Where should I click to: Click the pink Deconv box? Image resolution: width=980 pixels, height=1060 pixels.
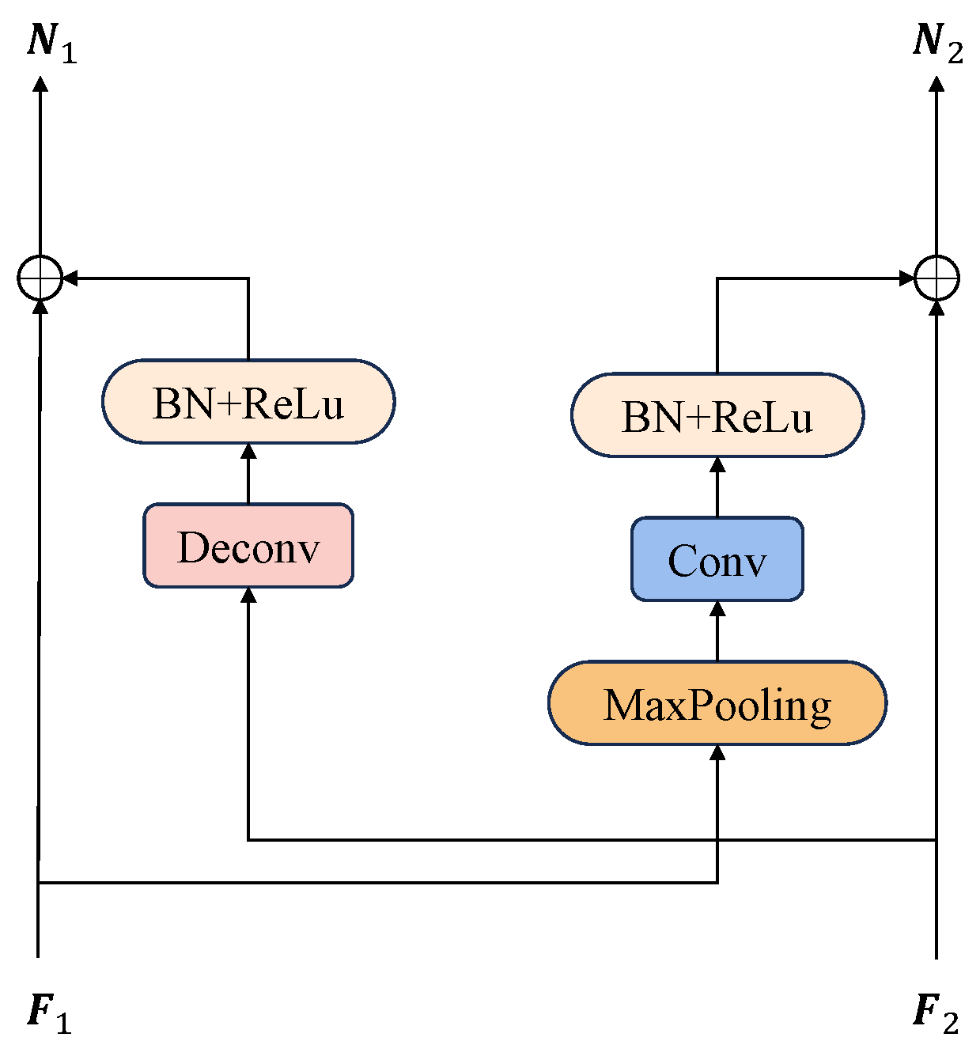[x=248, y=546]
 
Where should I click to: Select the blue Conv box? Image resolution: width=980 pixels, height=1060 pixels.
[x=717, y=559]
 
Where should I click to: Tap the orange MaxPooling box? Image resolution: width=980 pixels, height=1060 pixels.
[x=717, y=703]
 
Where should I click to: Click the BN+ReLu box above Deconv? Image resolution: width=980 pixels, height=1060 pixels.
[x=248, y=402]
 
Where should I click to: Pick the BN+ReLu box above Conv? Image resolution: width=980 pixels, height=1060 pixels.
[x=717, y=415]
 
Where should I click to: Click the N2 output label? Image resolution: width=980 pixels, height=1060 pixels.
[x=937, y=42]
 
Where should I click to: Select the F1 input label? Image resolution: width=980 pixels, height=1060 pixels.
[x=50, y=1013]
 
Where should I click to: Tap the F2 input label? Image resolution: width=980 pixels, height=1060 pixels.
[x=936, y=1013]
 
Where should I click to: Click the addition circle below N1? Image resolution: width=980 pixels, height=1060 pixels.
[x=40, y=278]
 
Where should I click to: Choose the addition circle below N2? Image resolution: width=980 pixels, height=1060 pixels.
[x=936, y=278]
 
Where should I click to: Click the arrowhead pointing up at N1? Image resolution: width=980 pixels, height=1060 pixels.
[x=40, y=83]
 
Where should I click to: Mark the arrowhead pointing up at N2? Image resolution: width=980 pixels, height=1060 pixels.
[x=936, y=83]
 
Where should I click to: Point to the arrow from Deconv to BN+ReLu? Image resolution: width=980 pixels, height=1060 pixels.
[x=248, y=473]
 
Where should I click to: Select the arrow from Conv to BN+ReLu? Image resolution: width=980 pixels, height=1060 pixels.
[x=717, y=486]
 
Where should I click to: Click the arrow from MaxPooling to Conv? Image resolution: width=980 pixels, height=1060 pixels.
[x=717, y=630]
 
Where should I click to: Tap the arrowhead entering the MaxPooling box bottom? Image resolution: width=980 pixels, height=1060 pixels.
[x=717, y=752]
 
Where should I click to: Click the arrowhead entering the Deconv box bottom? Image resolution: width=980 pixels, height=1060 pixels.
[x=248, y=595]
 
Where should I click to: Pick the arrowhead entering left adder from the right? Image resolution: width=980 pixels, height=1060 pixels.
[x=70, y=278]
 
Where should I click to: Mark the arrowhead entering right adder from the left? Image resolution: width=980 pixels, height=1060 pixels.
[x=906, y=278]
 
